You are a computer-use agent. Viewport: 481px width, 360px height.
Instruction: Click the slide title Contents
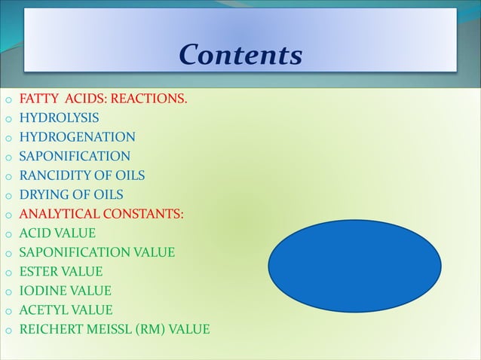coord(240,54)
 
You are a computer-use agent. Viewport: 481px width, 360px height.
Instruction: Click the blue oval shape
coord(354,267)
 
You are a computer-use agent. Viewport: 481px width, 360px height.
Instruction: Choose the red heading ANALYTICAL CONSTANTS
coord(100,214)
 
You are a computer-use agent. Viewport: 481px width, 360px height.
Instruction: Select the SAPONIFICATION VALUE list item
coord(97,252)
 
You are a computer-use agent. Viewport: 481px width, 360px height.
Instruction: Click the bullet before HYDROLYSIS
coord(8,119)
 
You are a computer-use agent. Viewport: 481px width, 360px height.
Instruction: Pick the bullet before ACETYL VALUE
coord(8,311)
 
